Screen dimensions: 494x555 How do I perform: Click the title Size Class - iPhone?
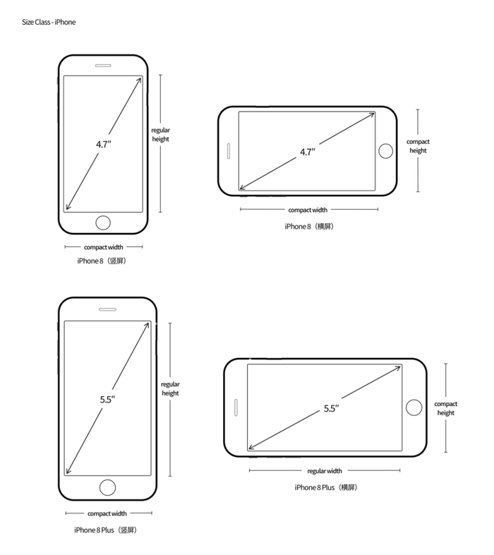49,22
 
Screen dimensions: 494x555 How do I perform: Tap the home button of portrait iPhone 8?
103,222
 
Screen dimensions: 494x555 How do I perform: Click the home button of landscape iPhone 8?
386,151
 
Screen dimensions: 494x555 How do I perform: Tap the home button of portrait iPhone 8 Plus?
107,487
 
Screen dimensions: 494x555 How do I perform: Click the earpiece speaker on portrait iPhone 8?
103,68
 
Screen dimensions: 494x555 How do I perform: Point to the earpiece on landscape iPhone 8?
229,151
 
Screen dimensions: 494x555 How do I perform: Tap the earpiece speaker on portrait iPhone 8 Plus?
107,309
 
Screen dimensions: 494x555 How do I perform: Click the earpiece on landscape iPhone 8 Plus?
234,407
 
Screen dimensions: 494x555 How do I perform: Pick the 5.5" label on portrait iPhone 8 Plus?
107,400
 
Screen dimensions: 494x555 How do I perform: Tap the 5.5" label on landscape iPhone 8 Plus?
332,408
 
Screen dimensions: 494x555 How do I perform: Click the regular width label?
325,470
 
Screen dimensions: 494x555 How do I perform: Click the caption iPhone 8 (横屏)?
309,226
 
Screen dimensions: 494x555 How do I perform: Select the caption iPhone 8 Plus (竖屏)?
107,529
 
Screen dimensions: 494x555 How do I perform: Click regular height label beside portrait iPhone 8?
161,134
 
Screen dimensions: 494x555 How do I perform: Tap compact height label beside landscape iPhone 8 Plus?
446,408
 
